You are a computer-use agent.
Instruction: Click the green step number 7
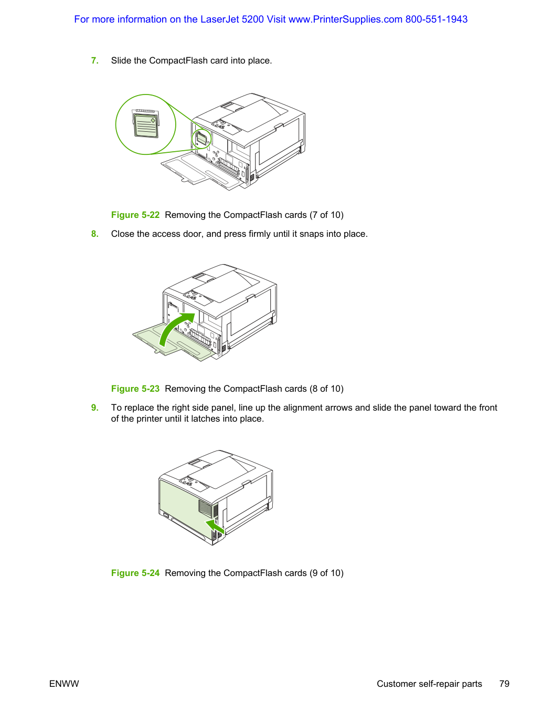tap(94, 60)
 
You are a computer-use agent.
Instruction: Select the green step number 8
tap(94, 234)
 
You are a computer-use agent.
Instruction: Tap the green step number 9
tap(94, 407)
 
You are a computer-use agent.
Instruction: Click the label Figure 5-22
tap(135, 215)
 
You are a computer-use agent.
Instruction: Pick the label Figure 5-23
tap(135, 389)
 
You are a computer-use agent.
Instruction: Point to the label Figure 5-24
tap(135, 573)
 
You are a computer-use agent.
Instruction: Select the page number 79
tap(504, 684)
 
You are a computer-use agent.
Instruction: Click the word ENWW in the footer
tap(64, 684)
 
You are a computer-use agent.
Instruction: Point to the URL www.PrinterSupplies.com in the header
tap(345, 19)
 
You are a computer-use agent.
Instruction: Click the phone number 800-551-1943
tap(436, 19)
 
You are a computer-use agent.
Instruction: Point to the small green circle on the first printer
tap(201, 139)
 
